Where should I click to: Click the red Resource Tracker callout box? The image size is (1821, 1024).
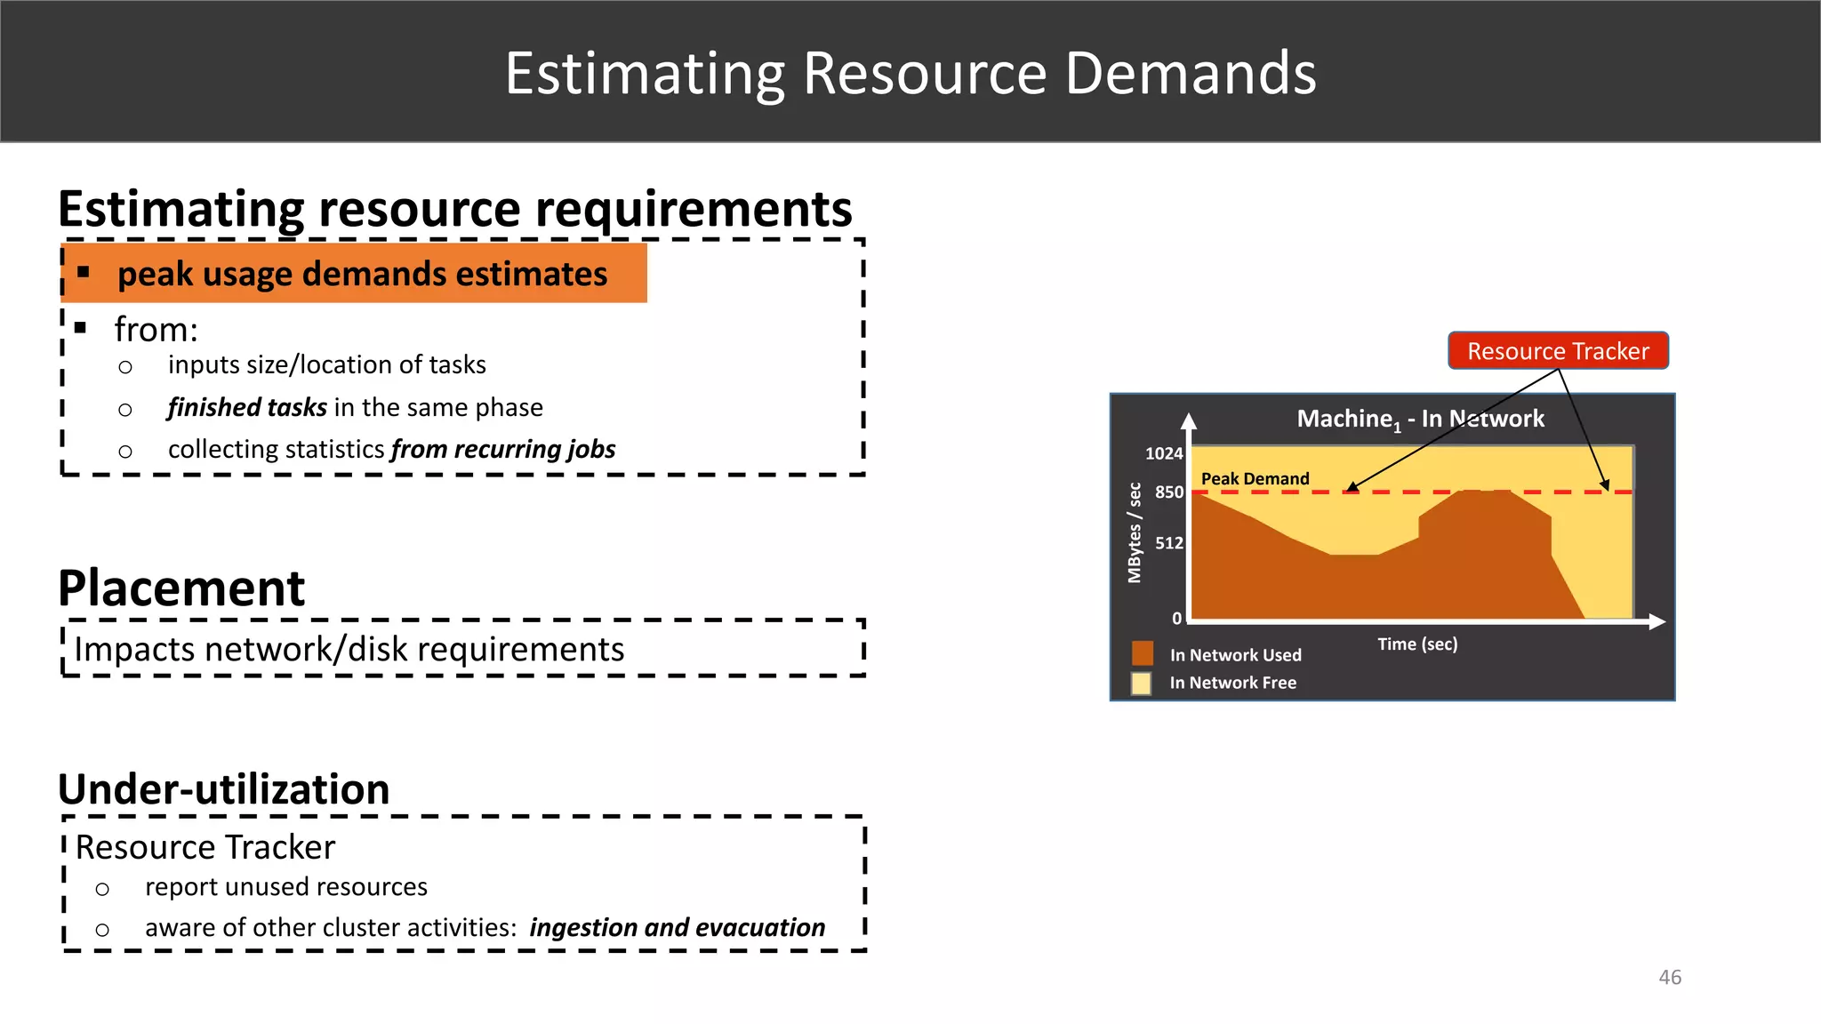pyautogui.click(x=1558, y=350)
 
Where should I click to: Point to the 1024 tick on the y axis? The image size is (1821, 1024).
pyautogui.click(x=1163, y=453)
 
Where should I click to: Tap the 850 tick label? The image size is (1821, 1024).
pyautogui.click(x=1168, y=492)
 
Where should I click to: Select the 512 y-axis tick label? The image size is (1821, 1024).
pyautogui.click(x=1168, y=543)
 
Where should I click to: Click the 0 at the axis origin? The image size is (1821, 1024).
pyautogui.click(x=1176, y=618)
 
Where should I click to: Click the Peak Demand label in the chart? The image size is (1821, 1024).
pyautogui.click(x=1255, y=479)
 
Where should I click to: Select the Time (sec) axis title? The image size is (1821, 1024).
pyautogui.click(x=1417, y=644)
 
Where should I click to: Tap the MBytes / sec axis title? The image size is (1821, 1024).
pyautogui.click(x=1134, y=532)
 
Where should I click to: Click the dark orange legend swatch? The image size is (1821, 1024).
pyautogui.click(x=1142, y=654)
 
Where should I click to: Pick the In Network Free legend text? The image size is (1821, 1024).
pyautogui.click(x=1232, y=683)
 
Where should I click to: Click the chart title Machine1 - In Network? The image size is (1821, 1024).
pyautogui.click(x=1420, y=419)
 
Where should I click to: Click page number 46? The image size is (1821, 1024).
pyautogui.click(x=1669, y=977)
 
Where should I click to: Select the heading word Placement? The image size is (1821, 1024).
pyautogui.click(x=181, y=588)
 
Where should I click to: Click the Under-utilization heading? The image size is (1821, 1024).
pyautogui.click(x=224, y=789)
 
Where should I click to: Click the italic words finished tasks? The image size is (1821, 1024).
pyautogui.click(x=247, y=407)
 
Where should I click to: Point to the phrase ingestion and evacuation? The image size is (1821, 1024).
pyautogui.click(x=677, y=927)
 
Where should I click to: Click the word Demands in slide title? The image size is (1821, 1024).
pyautogui.click(x=1190, y=73)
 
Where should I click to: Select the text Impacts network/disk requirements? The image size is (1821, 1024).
pyautogui.click(x=349, y=650)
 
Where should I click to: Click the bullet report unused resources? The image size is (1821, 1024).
pyautogui.click(x=285, y=887)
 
